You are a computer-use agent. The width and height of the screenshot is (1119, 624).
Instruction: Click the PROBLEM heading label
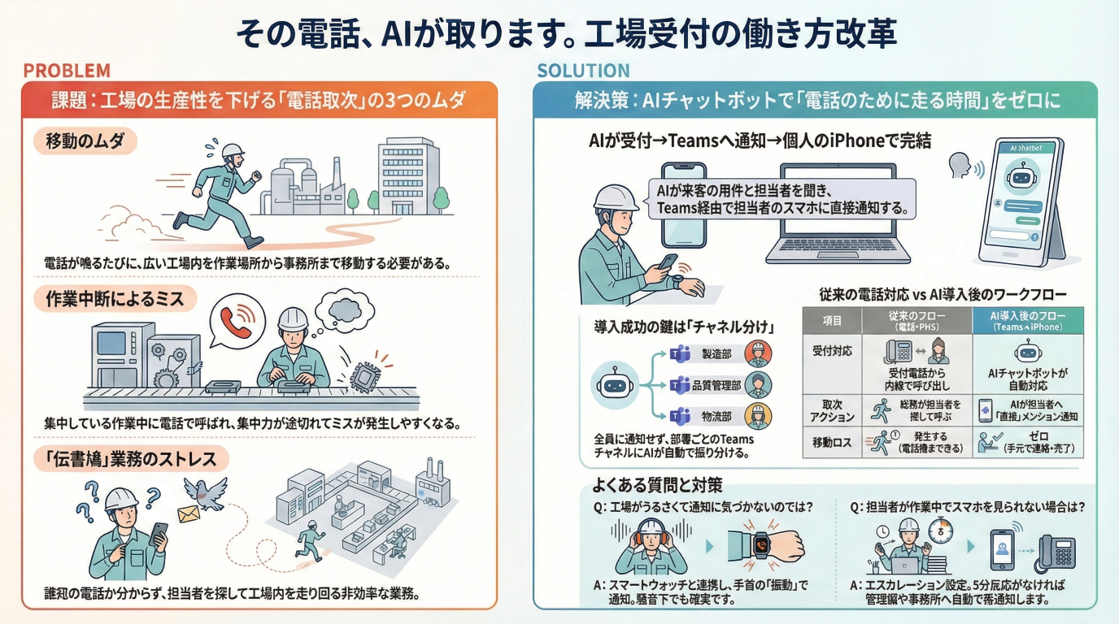(66, 71)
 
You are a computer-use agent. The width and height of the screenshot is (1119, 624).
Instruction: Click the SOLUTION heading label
(582, 71)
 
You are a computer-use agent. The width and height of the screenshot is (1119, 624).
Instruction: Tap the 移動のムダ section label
(85, 142)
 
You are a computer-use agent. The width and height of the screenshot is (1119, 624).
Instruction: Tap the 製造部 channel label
(716, 354)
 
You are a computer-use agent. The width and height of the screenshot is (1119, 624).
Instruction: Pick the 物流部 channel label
(716, 417)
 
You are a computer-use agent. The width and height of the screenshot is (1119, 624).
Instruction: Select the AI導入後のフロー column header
(1028, 320)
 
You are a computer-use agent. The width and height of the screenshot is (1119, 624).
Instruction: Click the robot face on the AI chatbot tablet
(1021, 175)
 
